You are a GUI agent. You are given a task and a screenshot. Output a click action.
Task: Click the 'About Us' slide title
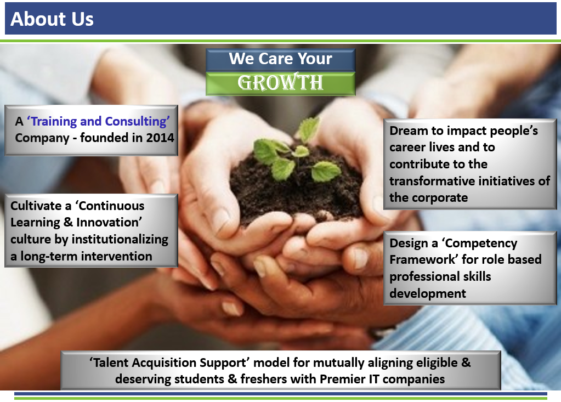(52, 19)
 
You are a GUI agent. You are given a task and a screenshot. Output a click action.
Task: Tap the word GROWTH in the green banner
(281, 82)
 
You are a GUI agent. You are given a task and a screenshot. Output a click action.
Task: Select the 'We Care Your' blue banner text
(281, 58)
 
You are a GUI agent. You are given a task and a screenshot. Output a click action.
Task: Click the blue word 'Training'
(54, 122)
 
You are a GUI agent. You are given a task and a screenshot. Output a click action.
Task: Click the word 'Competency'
(480, 244)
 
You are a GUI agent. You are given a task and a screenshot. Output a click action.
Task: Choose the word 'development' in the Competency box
(428, 293)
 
